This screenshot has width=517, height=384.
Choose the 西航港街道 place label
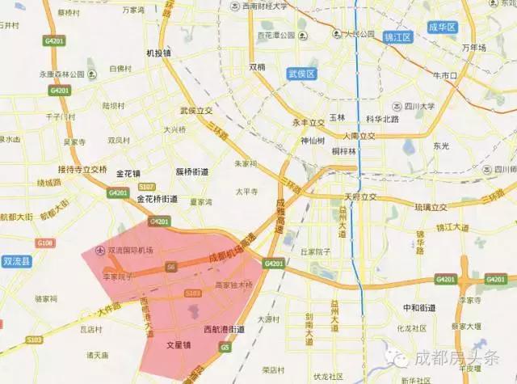(x=224, y=330)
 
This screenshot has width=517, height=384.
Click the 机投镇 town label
(x=158, y=54)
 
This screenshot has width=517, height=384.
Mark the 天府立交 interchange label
(x=360, y=196)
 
